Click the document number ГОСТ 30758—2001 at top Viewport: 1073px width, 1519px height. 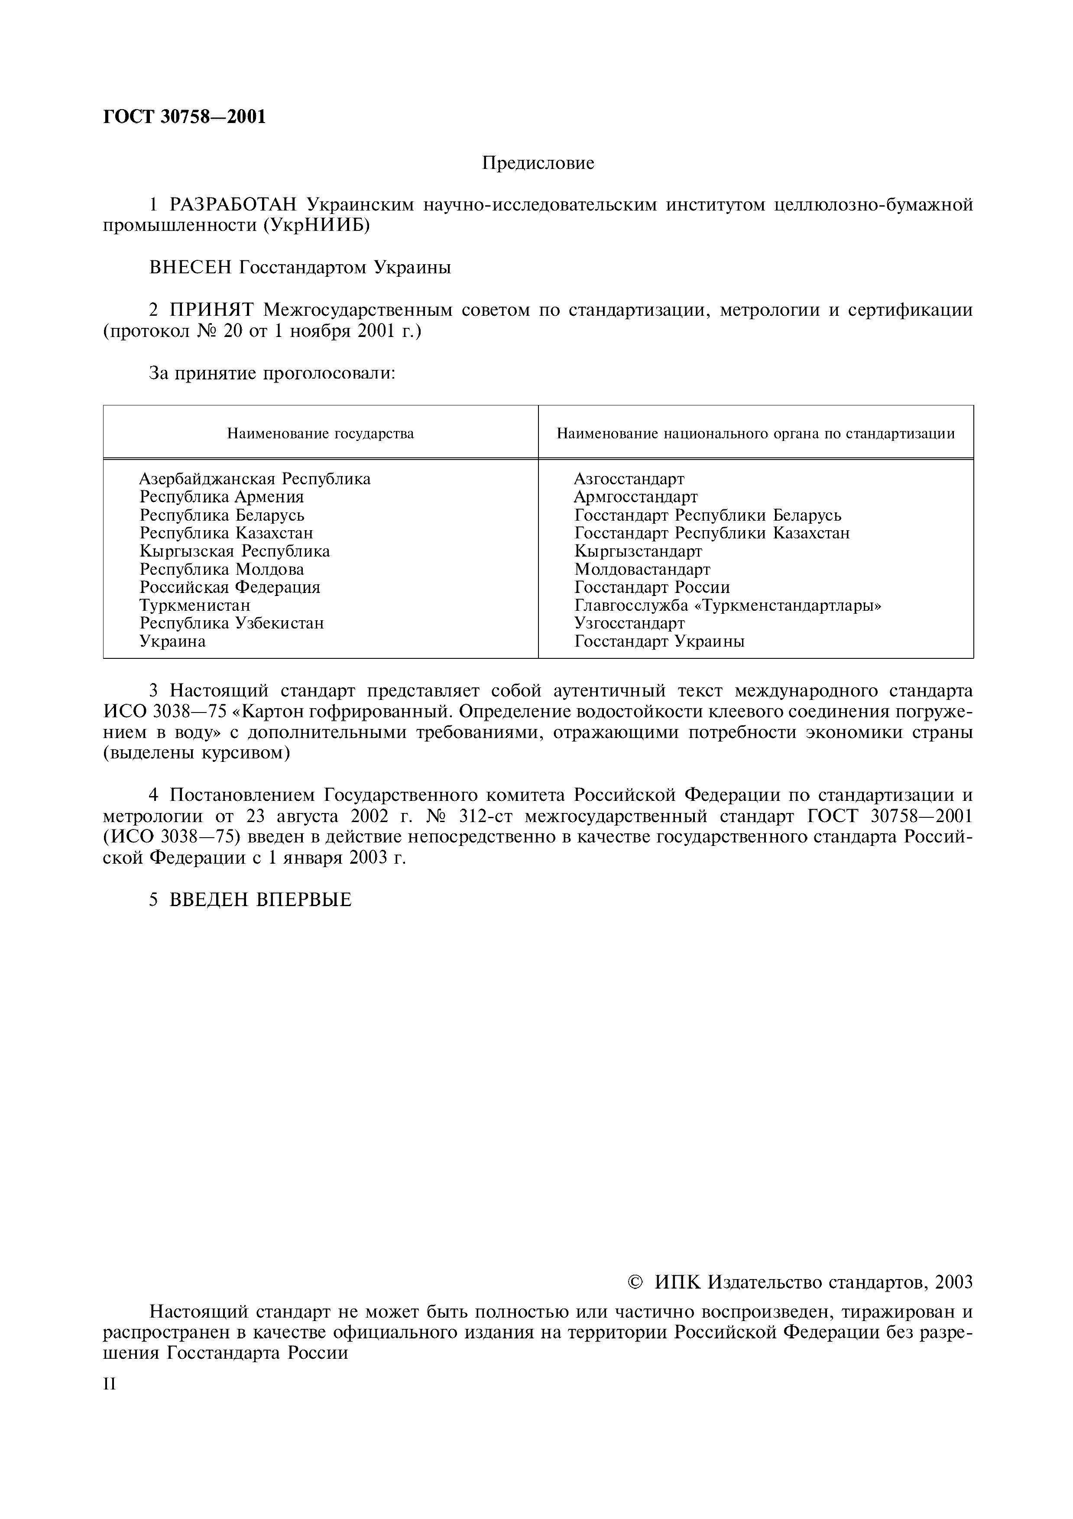[x=185, y=117]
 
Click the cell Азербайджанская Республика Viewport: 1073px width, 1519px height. [x=255, y=478]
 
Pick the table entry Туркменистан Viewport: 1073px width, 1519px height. [x=195, y=605]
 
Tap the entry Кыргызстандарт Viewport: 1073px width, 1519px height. [x=638, y=551]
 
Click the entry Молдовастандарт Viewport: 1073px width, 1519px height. [x=642, y=569]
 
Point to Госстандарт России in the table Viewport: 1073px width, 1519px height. [x=652, y=587]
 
